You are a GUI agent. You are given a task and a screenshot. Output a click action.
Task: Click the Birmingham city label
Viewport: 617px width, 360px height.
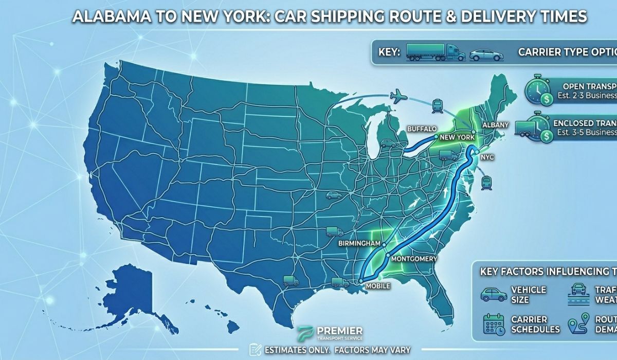tap(359, 243)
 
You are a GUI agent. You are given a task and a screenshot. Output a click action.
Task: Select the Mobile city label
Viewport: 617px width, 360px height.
tap(377, 285)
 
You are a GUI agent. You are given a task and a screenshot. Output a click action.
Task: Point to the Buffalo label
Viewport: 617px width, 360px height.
tap(422, 128)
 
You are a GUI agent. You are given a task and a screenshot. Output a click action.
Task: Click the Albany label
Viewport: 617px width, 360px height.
tap(496, 125)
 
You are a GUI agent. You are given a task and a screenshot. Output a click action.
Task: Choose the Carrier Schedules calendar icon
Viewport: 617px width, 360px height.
tap(494, 324)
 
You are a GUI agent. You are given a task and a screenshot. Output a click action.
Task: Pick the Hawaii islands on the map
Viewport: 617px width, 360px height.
tap(226, 324)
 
